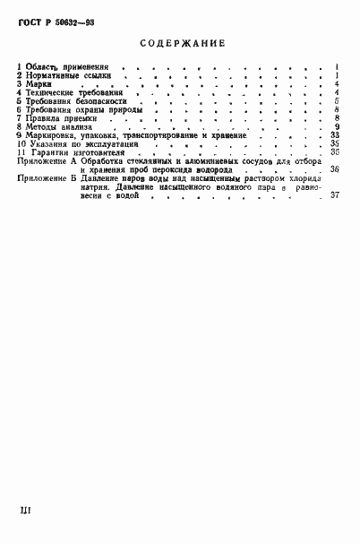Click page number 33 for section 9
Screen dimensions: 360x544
click(x=333, y=135)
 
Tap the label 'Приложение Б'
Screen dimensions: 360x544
click(x=47, y=178)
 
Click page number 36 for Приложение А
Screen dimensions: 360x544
click(x=333, y=169)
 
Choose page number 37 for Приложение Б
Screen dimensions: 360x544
click(x=333, y=195)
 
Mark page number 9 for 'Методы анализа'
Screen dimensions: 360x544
click(x=335, y=126)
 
